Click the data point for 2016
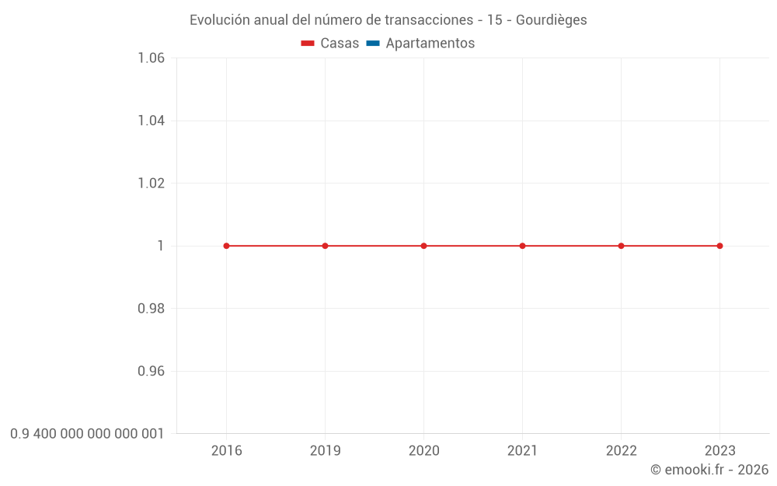[x=226, y=246]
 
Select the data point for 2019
[x=325, y=246]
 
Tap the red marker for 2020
[x=423, y=246]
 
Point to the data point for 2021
[x=522, y=246]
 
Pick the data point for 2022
[x=621, y=246]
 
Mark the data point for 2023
[x=720, y=246]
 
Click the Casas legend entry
[x=331, y=44]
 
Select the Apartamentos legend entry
[x=421, y=44]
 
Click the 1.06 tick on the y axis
[x=151, y=58]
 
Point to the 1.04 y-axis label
[x=151, y=121]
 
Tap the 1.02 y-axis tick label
[x=151, y=184]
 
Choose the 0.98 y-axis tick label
[x=151, y=309]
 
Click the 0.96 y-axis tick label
[x=151, y=371]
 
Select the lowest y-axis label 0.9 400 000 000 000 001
[x=87, y=433]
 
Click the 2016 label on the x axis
[x=226, y=451]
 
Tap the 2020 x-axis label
[x=423, y=451]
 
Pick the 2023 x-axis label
[x=720, y=451]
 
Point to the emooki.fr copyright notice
[x=709, y=470]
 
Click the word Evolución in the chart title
[x=220, y=20]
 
